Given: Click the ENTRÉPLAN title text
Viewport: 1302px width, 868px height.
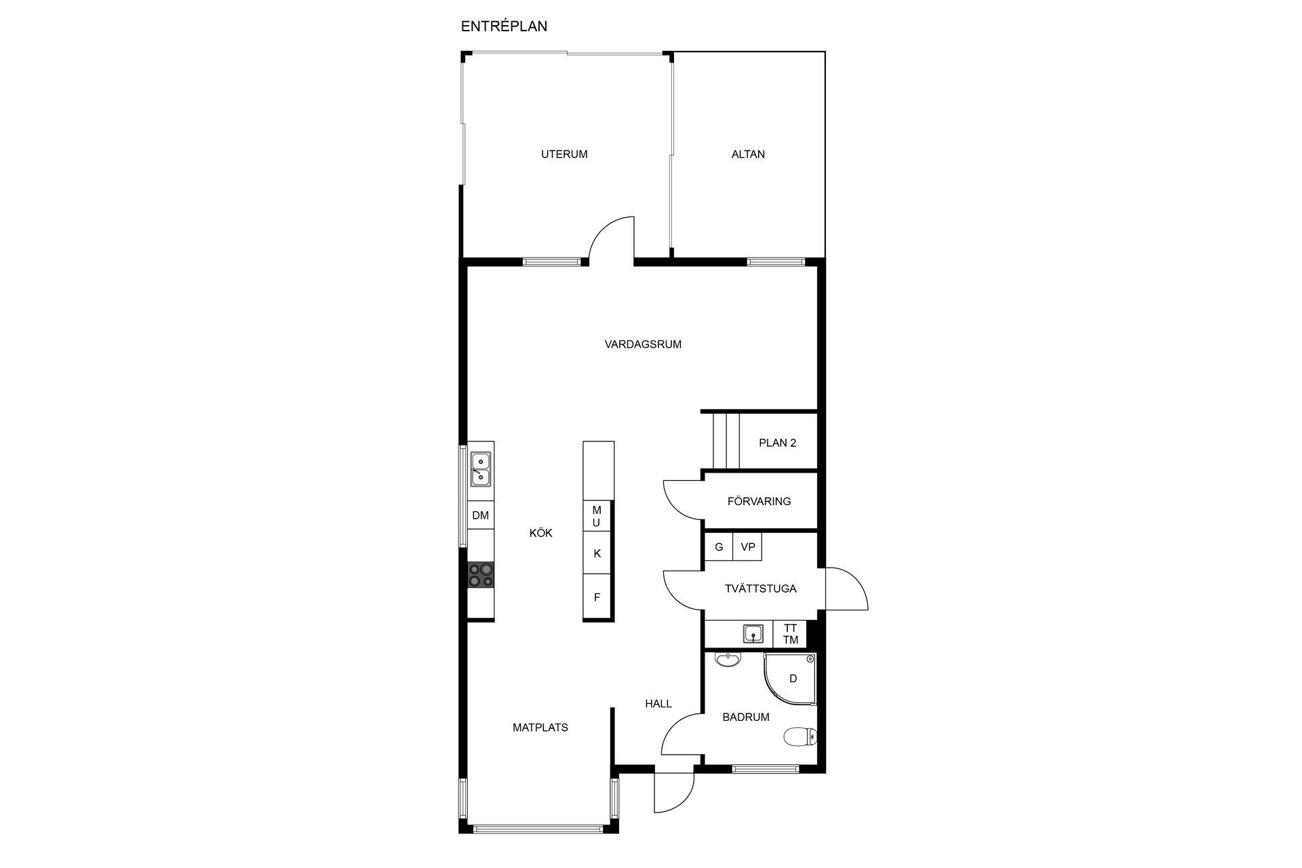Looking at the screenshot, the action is [504, 26].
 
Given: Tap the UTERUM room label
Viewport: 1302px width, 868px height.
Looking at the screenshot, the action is [564, 154].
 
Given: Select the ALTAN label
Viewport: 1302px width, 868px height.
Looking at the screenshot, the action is [748, 154].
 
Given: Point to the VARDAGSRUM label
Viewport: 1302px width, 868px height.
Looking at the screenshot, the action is [643, 344].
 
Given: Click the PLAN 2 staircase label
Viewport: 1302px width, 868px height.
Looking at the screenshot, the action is [777, 443].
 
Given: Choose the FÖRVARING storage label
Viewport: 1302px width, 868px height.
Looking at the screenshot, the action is [759, 501].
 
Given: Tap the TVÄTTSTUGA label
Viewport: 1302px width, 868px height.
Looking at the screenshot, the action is [760, 588].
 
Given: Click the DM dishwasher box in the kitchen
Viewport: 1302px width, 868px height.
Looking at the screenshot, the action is [481, 515].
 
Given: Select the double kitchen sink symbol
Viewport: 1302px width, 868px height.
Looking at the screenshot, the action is [481, 469].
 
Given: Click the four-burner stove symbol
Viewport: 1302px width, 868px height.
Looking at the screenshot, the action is [481, 575].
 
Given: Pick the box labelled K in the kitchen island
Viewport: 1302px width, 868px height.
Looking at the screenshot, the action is [597, 553].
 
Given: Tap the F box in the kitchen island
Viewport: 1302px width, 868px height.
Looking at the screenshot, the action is [597, 597].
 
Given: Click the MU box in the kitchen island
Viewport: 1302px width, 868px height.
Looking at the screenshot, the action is [597, 516].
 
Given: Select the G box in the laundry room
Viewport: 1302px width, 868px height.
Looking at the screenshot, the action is [719, 547].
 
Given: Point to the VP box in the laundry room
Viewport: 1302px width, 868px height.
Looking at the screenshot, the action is [748, 547].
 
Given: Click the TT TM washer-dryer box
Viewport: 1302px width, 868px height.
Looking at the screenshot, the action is [790, 634].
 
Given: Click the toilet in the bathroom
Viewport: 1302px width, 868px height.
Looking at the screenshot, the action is [801, 736].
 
